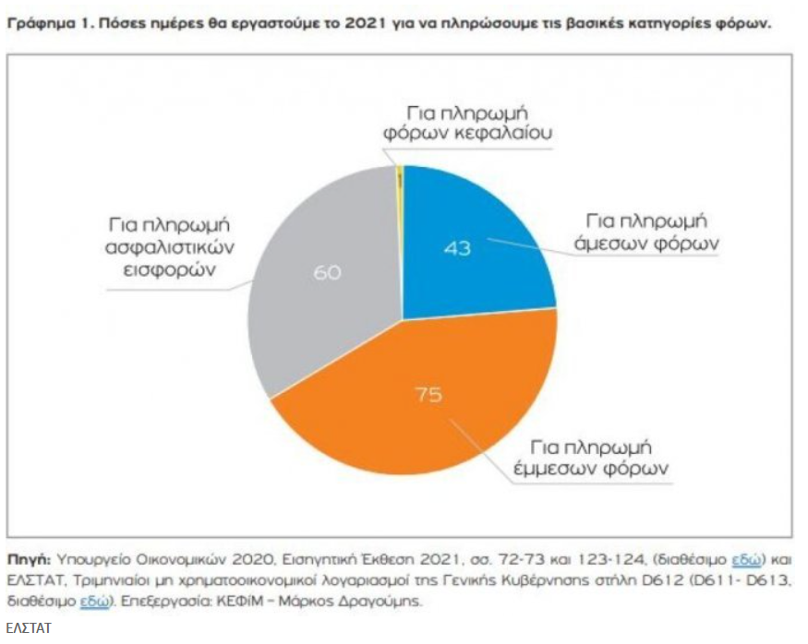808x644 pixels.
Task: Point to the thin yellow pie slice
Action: pos(400,180)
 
